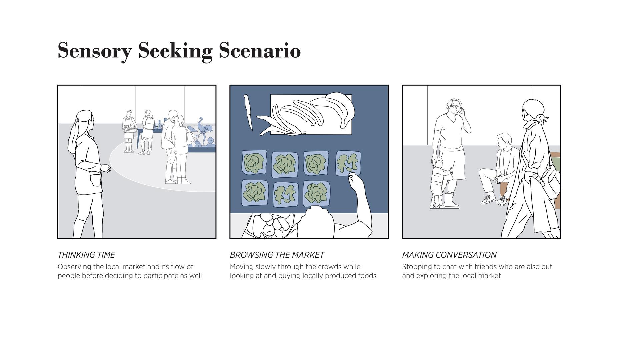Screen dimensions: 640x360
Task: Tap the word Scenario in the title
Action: point(260,50)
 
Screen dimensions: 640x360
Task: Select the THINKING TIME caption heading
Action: point(86,255)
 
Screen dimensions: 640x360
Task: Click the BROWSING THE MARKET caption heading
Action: point(277,255)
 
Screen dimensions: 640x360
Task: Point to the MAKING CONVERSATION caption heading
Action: point(449,255)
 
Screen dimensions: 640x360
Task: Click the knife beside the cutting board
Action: point(248,113)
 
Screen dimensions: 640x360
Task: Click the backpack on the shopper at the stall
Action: point(149,123)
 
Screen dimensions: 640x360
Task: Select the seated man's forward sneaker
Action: point(488,200)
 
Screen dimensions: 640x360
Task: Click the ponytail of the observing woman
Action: point(74,135)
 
